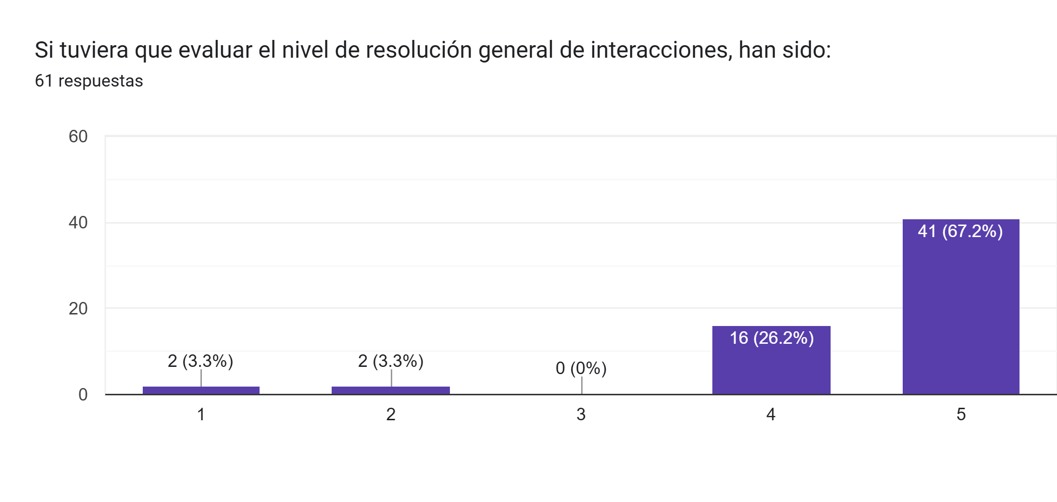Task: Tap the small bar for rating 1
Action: [201, 390]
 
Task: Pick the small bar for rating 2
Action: [390, 390]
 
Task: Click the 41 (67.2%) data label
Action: [960, 231]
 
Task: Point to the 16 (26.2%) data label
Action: [771, 338]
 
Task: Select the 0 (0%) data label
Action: [581, 368]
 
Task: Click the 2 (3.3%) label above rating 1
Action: [200, 361]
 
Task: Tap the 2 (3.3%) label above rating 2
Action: [390, 361]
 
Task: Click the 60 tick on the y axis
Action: [78, 137]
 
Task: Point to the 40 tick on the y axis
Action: [78, 223]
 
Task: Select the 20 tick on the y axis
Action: [78, 309]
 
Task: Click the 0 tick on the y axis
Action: [83, 395]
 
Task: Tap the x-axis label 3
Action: [581, 414]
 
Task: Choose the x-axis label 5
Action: [960, 414]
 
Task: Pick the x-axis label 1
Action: [201, 414]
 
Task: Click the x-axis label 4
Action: [771, 414]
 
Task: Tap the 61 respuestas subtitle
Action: [89, 81]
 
